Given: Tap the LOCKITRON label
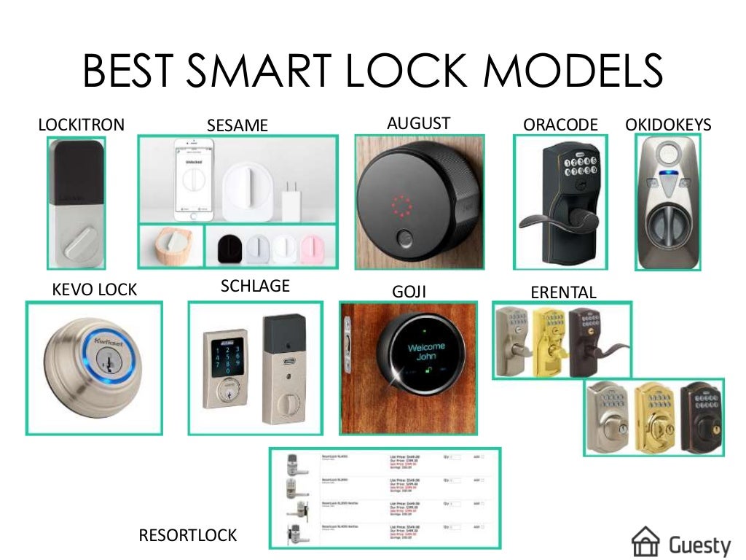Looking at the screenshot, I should pyautogui.click(x=81, y=125).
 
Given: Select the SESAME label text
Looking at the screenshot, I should pyautogui.click(x=237, y=125).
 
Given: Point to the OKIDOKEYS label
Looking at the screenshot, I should pyautogui.click(x=668, y=125).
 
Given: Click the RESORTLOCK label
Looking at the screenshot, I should pyautogui.click(x=188, y=535).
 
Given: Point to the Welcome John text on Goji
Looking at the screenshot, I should pyautogui.click(x=425, y=351).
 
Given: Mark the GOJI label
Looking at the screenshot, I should pyautogui.click(x=409, y=292).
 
